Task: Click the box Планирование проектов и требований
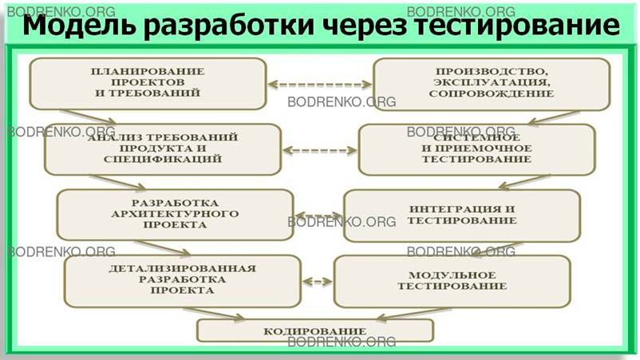148,82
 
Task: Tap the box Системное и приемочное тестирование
476,148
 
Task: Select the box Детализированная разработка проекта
183,279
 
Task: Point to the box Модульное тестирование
452,280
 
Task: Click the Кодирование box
314,330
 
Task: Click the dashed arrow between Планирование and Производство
320,83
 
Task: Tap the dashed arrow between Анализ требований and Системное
320,149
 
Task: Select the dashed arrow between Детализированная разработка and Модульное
318,280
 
